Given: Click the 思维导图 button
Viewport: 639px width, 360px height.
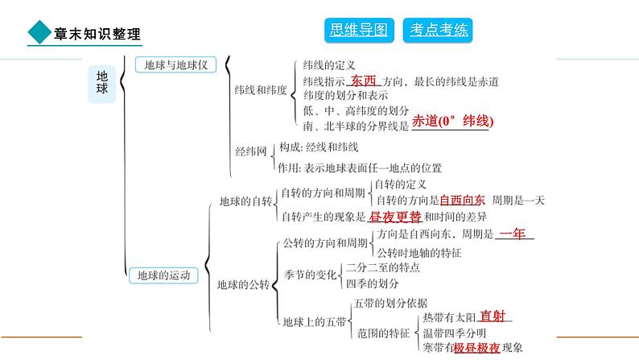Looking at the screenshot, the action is coord(359,31).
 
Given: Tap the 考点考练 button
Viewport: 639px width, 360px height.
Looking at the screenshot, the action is coord(438,31).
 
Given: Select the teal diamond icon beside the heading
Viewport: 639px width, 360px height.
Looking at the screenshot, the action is coord(38,33).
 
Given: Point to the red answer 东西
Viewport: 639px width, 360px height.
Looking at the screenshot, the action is coord(364,81).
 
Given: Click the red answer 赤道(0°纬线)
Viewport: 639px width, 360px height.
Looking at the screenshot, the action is coord(452,121).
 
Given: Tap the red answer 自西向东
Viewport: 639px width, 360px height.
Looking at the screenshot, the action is coord(462,200).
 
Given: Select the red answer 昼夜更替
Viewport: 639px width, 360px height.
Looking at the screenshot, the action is coord(394,217).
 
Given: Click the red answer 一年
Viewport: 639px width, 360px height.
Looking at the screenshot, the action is coord(512,234).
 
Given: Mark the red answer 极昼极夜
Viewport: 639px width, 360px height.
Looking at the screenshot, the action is coord(476,348).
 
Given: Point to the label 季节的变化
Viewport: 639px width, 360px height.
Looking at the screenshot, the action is coord(310,275).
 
